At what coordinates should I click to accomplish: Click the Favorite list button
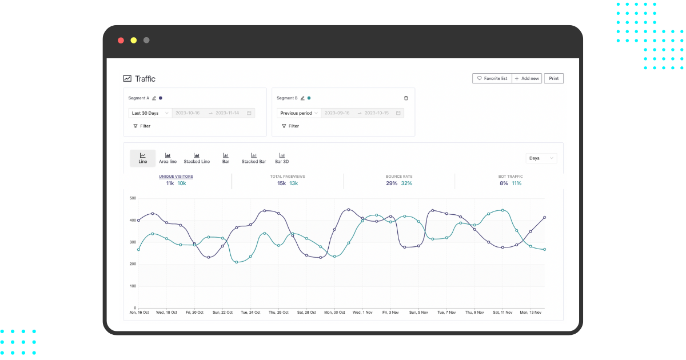(492, 78)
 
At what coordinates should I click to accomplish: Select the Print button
(553, 78)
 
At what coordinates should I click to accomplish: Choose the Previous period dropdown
(299, 113)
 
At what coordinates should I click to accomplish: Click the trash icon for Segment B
(406, 98)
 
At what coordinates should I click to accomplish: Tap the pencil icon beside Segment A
(154, 98)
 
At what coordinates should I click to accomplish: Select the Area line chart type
(167, 158)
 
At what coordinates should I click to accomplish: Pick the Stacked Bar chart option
(254, 158)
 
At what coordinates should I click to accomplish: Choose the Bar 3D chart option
(282, 158)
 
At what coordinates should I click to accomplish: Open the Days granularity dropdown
(541, 158)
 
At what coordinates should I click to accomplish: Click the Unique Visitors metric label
(176, 177)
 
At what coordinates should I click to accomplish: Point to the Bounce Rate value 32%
(406, 183)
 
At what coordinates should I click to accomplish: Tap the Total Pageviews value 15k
(282, 183)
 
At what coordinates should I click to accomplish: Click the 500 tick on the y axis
(133, 198)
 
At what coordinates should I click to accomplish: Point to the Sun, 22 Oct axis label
(222, 313)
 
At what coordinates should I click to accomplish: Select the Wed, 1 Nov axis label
(362, 313)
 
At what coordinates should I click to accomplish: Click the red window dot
(121, 41)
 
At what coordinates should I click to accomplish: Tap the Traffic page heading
(145, 79)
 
